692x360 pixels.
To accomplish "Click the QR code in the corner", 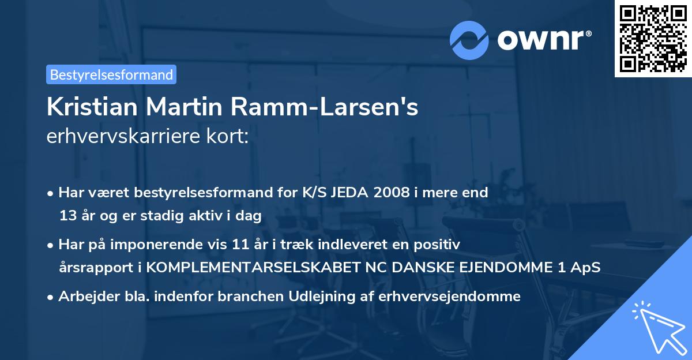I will pyautogui.click(x=652, y=38).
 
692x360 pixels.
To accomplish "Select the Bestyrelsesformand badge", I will pyautogui.click(x=111, y=74).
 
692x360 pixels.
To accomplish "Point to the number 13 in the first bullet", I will pyautogui.click(x=67, y=216).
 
